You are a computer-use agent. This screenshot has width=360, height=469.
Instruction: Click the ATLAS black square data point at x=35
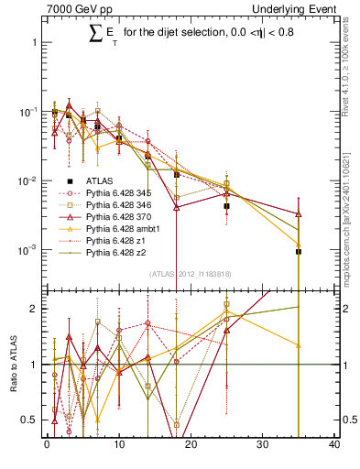299,251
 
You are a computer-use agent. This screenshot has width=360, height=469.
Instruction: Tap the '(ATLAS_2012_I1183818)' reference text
191,273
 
